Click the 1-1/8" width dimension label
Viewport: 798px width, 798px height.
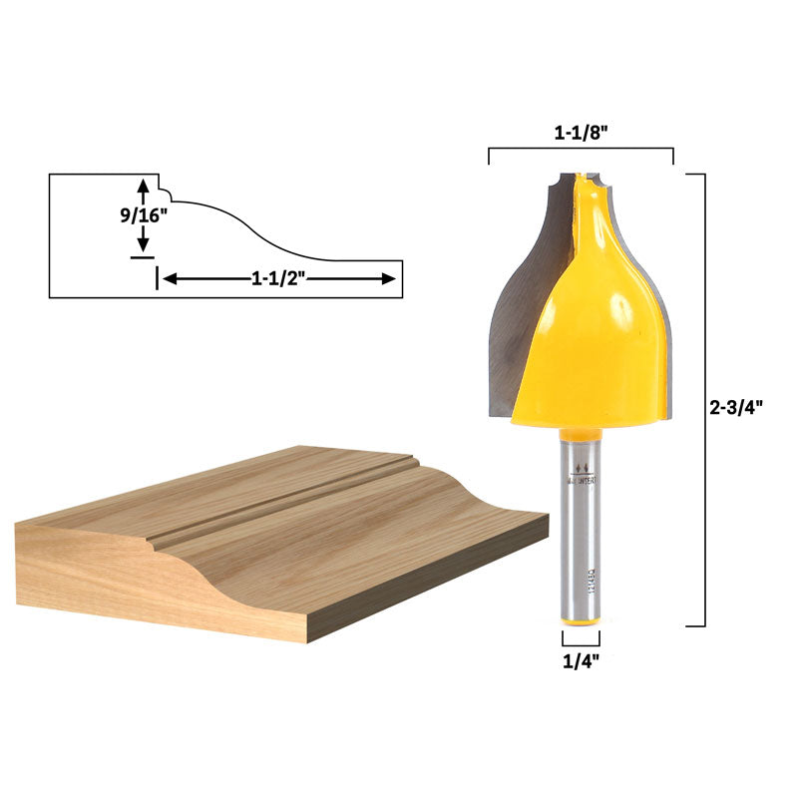coord(581,132)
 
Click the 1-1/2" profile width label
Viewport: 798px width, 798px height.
coord(277,279)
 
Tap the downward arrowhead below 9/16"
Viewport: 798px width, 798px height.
coord(144,245)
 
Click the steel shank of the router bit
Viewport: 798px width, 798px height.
coord(581,539)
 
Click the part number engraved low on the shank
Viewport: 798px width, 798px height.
coord(593,589)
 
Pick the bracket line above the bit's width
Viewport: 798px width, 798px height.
coord(581,150)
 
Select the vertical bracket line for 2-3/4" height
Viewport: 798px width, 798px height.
coord(705,399)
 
